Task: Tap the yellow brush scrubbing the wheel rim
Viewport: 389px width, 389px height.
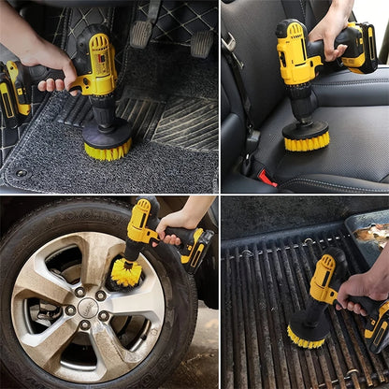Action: pyautogui.click(x=124, y=273)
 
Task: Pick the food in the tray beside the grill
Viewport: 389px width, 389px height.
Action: pyautogui.click(x=372, y=234)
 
